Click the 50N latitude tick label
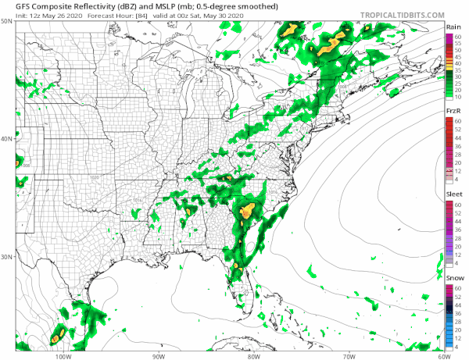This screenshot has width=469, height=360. tap(6, 22)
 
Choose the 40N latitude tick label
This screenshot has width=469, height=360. tap(6, 139)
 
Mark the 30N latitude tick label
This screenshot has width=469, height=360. tap(6, 257)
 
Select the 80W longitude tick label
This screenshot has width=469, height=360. tap(253, 355)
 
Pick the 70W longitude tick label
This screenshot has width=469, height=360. tap(349, 355)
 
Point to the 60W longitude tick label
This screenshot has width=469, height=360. tap(443, 355)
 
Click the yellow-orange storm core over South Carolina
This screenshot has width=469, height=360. tap(247, 209)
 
